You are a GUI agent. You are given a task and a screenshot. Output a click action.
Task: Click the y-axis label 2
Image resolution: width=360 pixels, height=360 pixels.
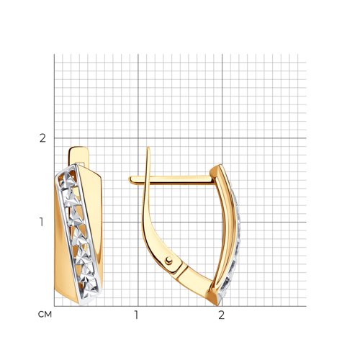pyautogui.click(x=42, y=138)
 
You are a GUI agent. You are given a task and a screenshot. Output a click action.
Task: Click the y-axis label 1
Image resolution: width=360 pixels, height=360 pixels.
pyautogui.click(x=42, y=222)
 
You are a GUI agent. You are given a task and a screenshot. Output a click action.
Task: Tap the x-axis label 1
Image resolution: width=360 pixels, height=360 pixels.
pyautogui.click(x=136, y=315)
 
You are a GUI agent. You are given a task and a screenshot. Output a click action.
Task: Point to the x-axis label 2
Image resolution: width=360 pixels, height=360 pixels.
pyautogui.click(x=221, y=315)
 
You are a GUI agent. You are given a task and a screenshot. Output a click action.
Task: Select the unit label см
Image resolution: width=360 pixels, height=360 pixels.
pyautogui.click(x=45, y=315)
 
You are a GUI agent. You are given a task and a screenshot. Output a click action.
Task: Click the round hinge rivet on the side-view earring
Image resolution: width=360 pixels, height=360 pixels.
pyautogui.click(x=168, y=261)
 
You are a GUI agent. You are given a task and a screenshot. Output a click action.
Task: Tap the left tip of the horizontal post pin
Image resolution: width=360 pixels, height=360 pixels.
pyautogui.click(x=130, y=179)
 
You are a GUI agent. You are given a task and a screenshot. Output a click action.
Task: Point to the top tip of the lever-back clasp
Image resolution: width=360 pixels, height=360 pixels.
pyautogui.click(x=148, y=148)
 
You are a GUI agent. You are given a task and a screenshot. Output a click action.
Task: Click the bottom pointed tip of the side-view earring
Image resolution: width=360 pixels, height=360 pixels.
pyautogui.click(x=217, y=305)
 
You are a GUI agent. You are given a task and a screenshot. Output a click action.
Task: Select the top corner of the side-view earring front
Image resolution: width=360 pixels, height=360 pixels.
pyautogui.click(x=220, y=165)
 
